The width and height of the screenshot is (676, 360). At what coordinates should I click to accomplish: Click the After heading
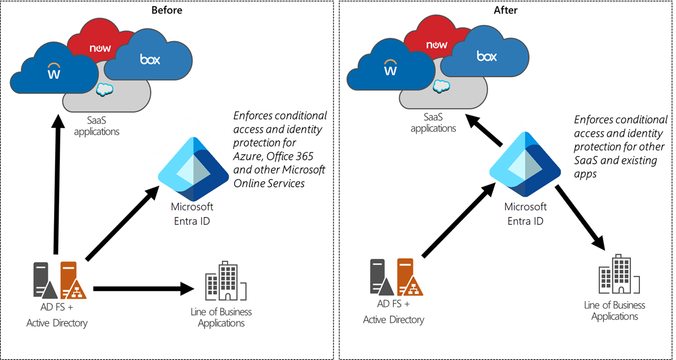(x=505, y=10)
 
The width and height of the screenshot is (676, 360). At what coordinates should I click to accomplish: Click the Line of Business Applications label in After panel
(x=615, y=311)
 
